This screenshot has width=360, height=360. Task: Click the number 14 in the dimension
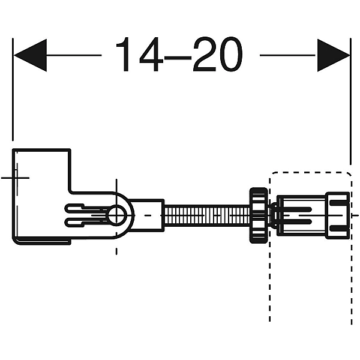tap(140, 55)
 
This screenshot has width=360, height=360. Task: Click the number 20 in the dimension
tap(218, 55)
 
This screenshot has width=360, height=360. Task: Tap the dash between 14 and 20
tap(178, 58)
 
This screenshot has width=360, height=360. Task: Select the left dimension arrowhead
tap(31, 55)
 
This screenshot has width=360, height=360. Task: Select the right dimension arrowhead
tap(334, 55)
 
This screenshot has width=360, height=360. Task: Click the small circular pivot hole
tap(116, 215)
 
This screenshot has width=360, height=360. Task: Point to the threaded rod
tap(207, 215)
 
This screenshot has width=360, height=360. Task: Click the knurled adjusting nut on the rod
tap(259, 215)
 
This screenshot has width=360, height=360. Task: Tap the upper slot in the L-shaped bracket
tap(86, 209)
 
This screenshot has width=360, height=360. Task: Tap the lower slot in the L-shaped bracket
tap(86, 222)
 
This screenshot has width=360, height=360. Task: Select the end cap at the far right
tap(338, 215)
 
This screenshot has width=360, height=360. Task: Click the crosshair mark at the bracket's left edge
tap(16, 178)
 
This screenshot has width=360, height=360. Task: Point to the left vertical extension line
tap(13, 89)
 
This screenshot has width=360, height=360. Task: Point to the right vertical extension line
tap(350, 101)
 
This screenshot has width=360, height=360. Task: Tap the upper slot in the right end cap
tap(338, 202)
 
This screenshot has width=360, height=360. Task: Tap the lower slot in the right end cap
tap(338, 229)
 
